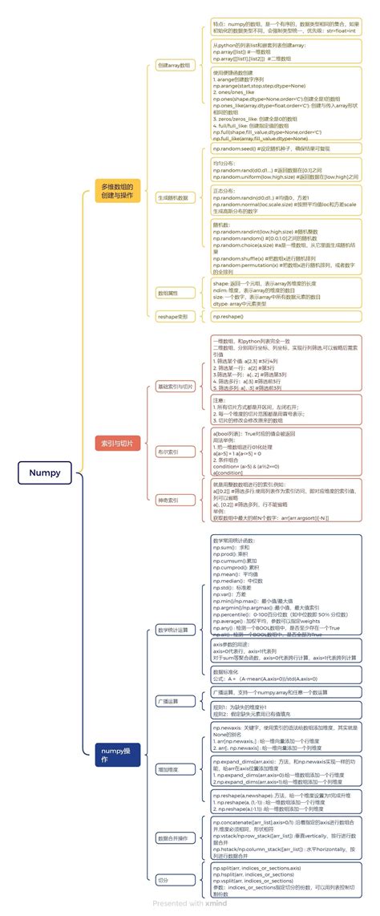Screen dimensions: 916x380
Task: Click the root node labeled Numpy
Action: click(45, 473)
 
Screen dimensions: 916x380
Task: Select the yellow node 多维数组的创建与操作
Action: click(116, 192)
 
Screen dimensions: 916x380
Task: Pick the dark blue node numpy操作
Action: click(116, 753)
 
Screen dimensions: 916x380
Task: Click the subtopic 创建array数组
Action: click(174, 64)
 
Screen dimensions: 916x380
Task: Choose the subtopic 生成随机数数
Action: click(172, 197)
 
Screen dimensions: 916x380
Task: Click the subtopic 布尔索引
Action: click(168, 452)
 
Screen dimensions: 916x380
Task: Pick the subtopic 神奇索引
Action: click(168, 500)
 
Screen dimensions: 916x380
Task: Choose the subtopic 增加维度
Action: click(168, 769)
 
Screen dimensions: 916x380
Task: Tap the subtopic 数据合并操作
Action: click(173, 838)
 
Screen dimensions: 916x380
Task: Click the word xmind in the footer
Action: click(216, 903)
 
